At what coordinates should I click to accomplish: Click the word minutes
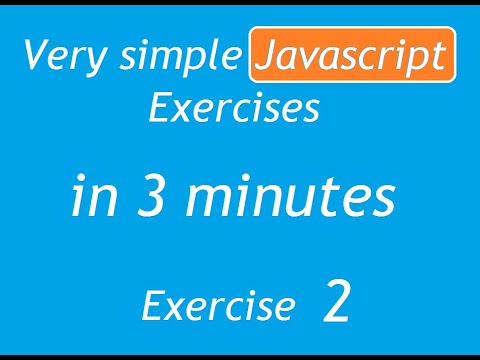288,198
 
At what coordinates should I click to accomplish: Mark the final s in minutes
380,201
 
